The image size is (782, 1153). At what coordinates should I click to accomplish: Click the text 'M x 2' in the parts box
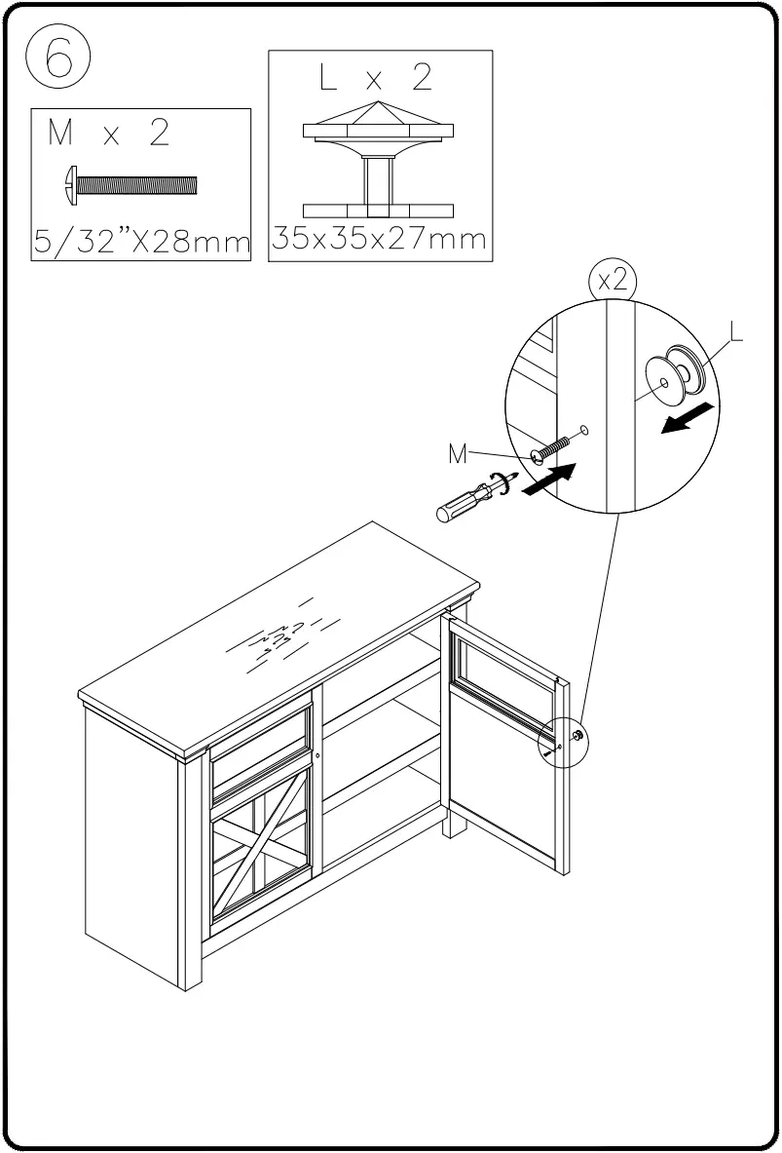click(108, 134)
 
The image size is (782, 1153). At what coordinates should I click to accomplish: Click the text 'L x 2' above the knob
click(379, 79)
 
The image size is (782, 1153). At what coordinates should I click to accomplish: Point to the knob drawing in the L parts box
click(379, 167)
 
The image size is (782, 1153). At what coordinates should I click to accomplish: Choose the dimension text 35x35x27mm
click(379, 239)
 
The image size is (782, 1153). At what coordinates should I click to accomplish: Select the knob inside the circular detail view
click(675, 374)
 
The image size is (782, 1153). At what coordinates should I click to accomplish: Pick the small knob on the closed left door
click(318, 755)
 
